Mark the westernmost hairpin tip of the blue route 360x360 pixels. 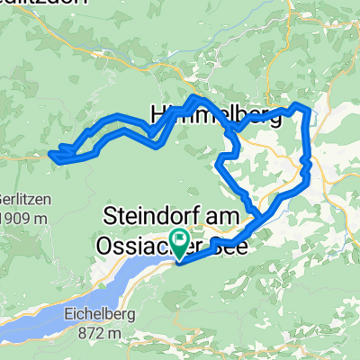(x=51, y=155)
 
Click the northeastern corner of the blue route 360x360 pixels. (x=311, y=109)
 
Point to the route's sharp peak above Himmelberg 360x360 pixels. (x=193, y=96)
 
